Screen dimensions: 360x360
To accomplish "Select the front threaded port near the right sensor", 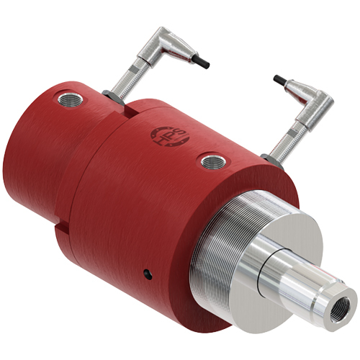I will [x=211, y=161].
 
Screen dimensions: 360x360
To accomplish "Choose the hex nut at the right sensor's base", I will [x=269, y=156].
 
